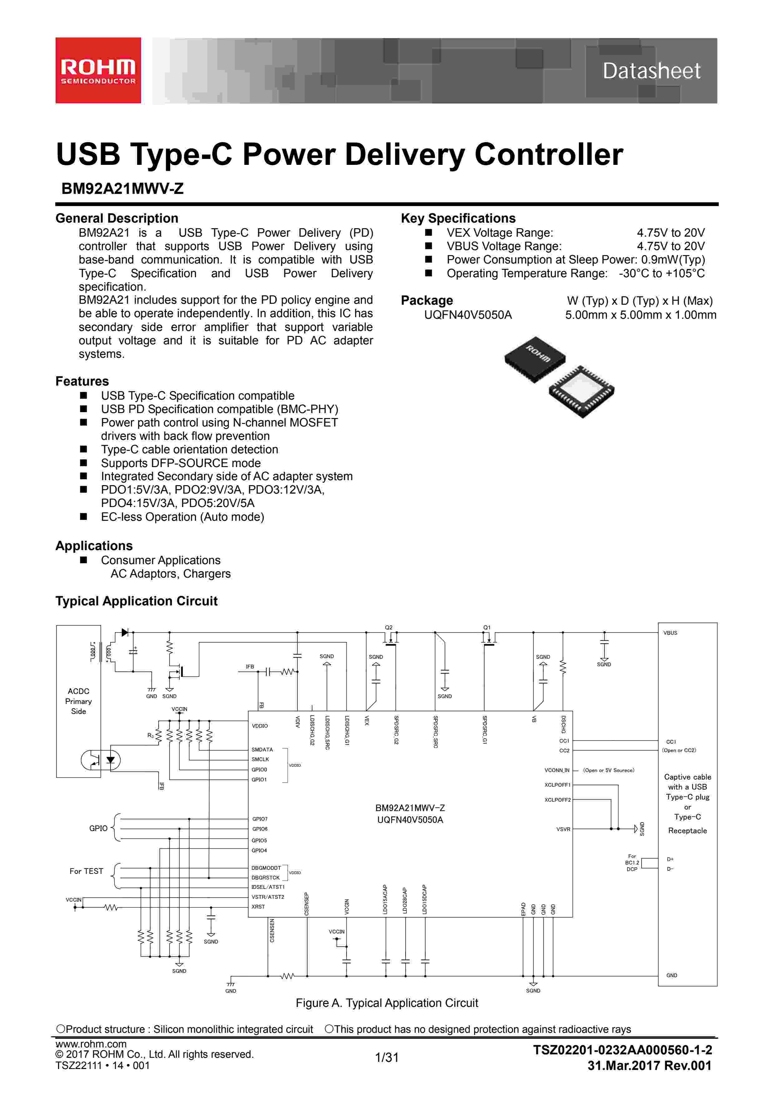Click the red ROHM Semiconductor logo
click(98, 71)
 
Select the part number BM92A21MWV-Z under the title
click(122, 189)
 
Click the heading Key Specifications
click(458, 218)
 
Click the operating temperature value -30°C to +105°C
click(662, 273)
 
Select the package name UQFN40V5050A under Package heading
click(468, 315)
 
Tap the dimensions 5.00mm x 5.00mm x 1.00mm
click(641, 315)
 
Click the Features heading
click(82, 381)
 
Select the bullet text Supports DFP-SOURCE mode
click(181, 463)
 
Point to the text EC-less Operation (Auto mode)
click(183, 517)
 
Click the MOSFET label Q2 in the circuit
click(388, 628)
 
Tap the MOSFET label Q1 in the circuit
click(487, 628)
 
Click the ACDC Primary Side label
click(79, 701)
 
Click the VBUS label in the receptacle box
click(670, 633)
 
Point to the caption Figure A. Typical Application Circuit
click(387, 1003)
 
